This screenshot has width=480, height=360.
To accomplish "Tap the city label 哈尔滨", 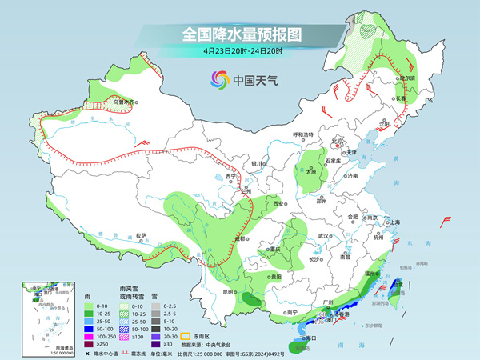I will pos(407,78).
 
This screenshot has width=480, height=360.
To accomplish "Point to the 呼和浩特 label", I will pos(305,134).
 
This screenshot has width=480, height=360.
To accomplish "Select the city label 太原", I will pos(312,170).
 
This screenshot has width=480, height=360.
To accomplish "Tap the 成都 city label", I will pos(238,238).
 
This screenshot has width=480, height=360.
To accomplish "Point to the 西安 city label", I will pos(278,205).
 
